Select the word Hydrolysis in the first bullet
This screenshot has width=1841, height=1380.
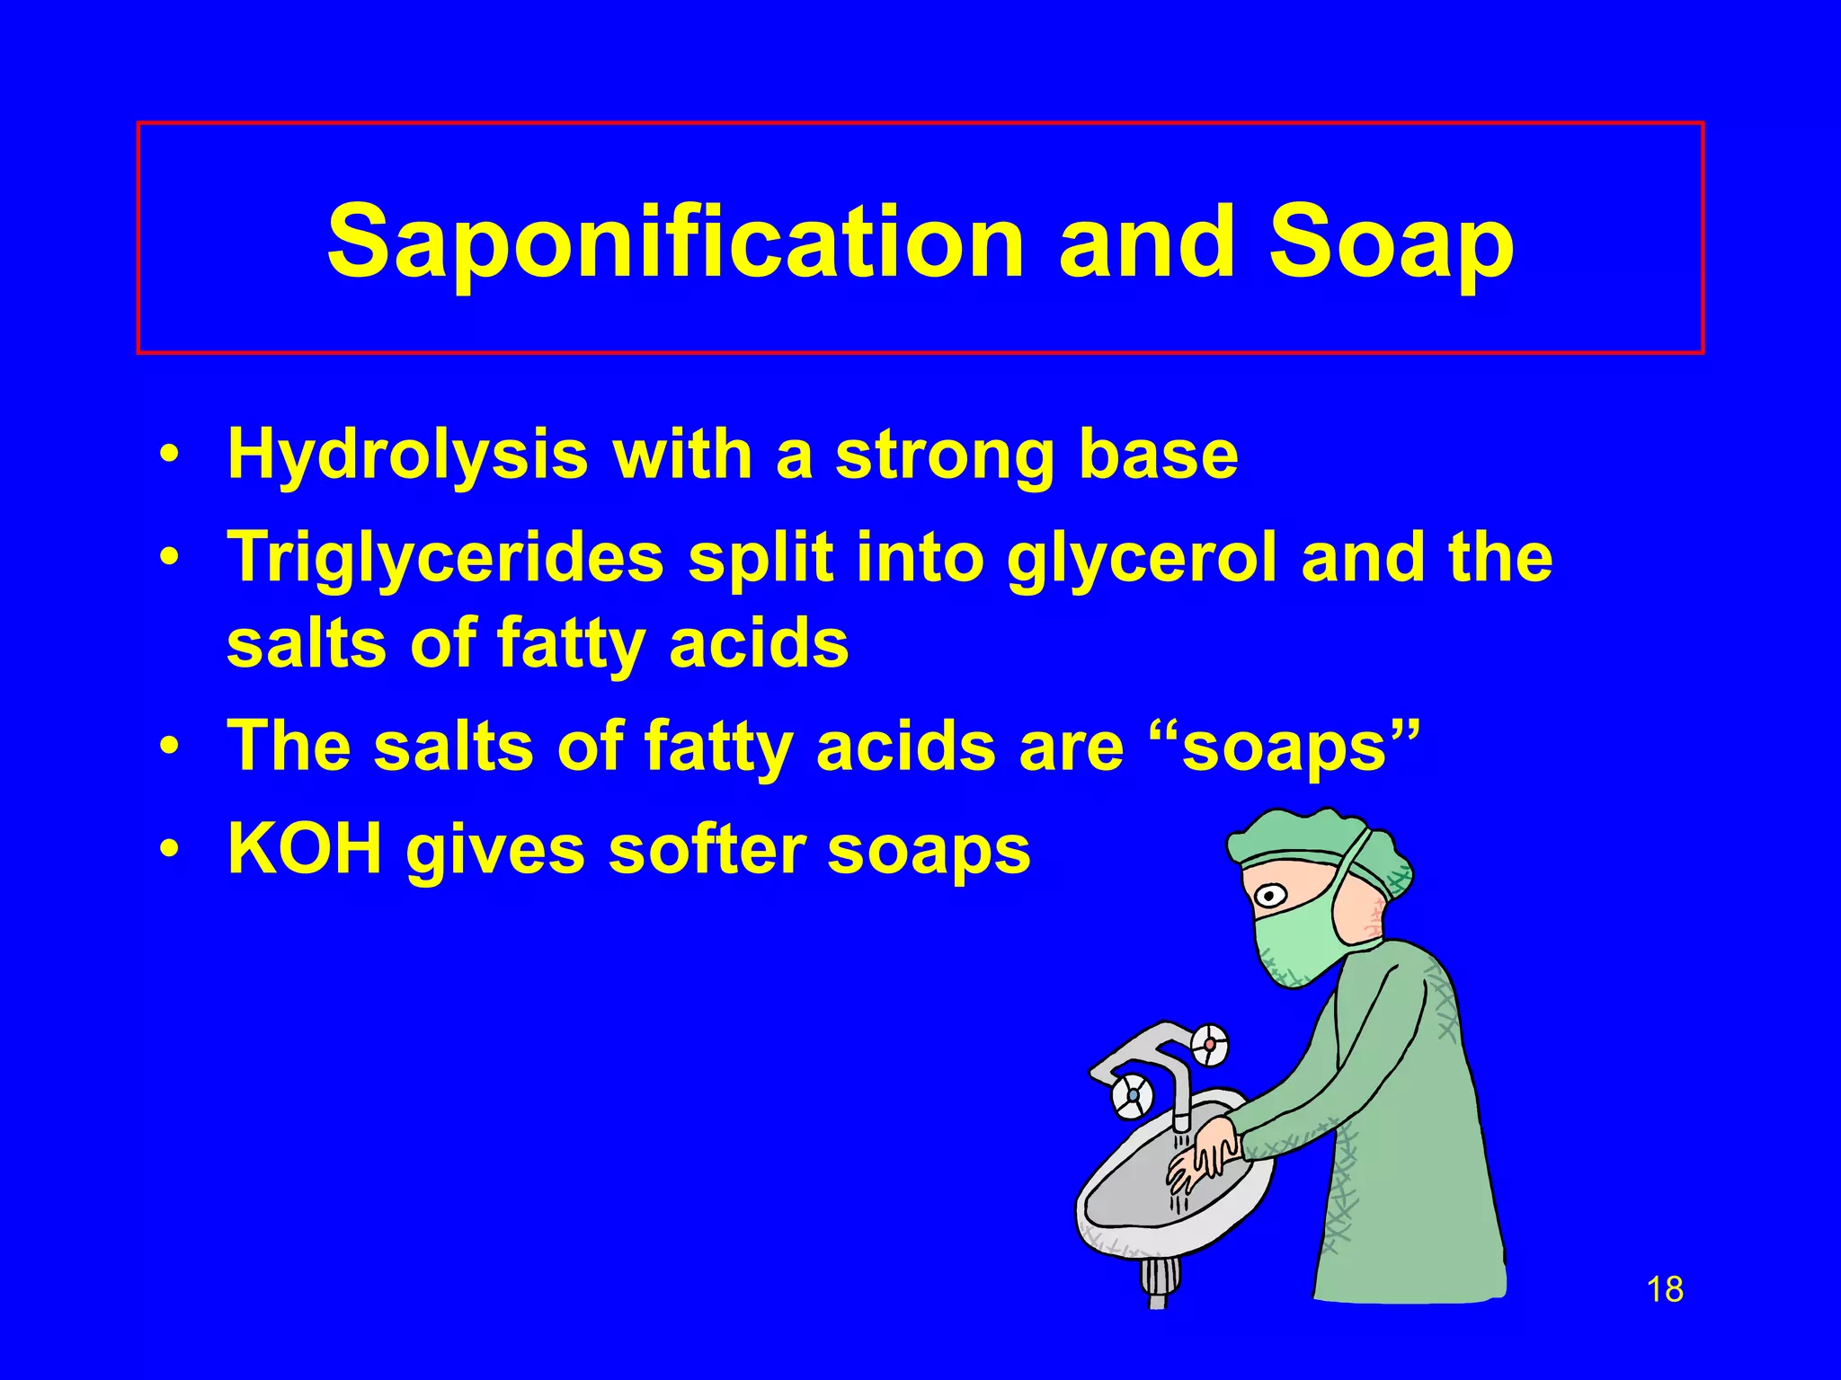click(407, 455)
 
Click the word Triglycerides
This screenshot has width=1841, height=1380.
click(445, 558)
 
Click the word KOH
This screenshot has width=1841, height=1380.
click(305, 849)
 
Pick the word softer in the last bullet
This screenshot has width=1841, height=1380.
click(707, 849)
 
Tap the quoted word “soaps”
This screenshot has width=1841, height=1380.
click(1285, 746)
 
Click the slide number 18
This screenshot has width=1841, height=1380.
click(1665, 1289)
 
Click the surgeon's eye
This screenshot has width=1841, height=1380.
click(1269, 895)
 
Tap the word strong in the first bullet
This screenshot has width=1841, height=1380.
click(944, 455)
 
